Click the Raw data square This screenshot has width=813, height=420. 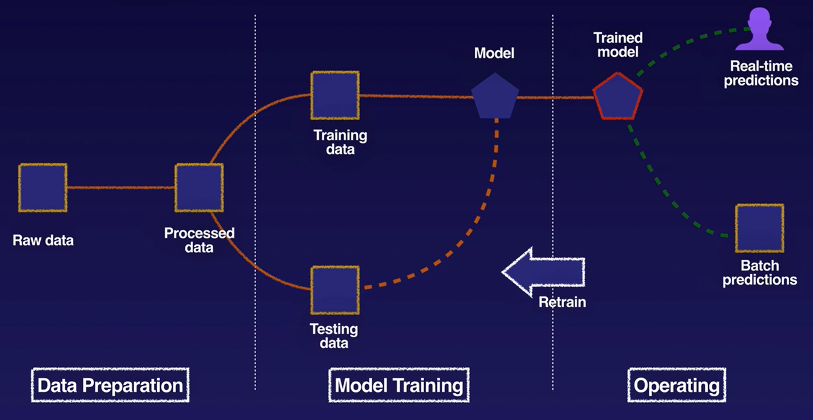(43, 188)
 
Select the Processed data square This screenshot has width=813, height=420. (199, 188)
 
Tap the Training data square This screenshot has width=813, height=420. (335, 95)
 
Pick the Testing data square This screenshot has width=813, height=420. (335, 290)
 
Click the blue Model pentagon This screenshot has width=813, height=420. (495, 97)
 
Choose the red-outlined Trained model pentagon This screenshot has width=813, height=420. (617, 97)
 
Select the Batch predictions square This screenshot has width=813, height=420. (759, 228)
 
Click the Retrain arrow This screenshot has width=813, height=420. (544, 271)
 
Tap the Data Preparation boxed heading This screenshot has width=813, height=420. (110, 385)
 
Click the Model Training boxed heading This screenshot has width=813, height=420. (399, 385)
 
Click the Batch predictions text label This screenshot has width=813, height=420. (760, 273)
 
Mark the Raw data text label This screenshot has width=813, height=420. (43, 240)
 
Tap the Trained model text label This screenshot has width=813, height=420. (618, 44)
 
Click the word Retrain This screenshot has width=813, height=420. (562, 302)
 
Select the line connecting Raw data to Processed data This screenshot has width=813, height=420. (121, 188)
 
